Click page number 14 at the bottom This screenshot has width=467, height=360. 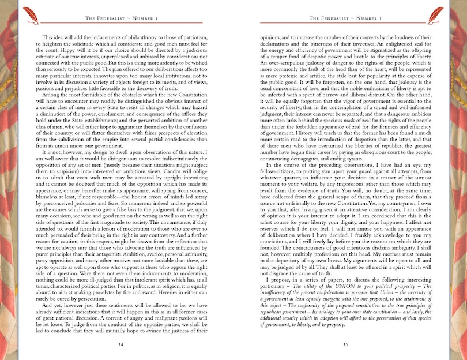(121, 344)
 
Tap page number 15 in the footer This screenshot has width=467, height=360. (345, 344)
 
